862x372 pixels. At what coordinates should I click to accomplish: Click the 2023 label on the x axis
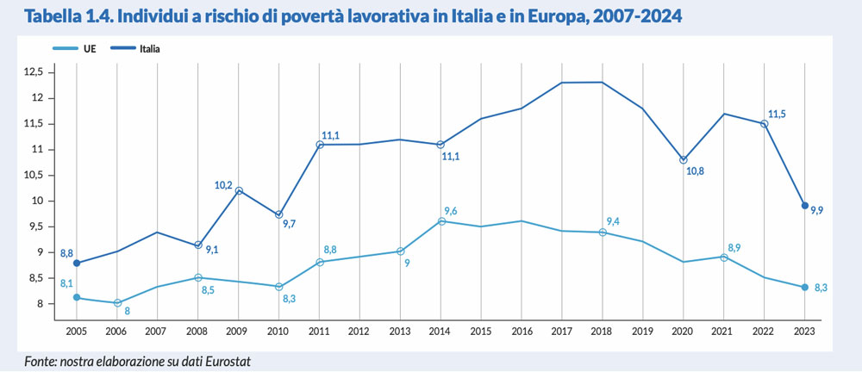pos(803,329)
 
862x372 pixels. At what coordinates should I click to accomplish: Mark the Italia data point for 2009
pos(239,190)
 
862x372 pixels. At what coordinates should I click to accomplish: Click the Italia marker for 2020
pos(684,160)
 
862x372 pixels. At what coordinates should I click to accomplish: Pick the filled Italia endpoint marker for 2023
pos(803,206)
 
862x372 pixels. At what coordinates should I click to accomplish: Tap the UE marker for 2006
pos(117,303)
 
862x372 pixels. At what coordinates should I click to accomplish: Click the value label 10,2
pos(223,185)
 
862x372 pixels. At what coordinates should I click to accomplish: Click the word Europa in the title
pos(574,16)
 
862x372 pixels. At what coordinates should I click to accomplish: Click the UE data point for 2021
pos(724,257)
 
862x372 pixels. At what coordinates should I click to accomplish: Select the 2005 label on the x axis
pos(78,329)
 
